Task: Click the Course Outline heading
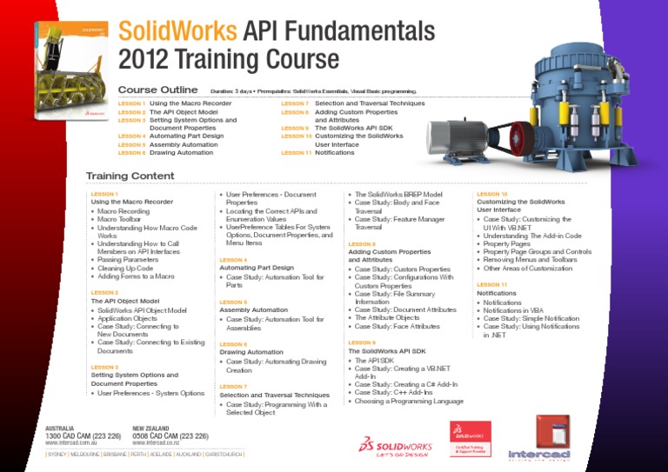[157, 90]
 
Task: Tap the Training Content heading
[130, 176]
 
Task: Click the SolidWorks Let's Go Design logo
[397, 445]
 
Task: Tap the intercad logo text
[539, 454]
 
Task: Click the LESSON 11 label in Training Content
[491, 284]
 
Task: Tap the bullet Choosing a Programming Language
[409, 401]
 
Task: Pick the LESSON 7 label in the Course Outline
[295, 103]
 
